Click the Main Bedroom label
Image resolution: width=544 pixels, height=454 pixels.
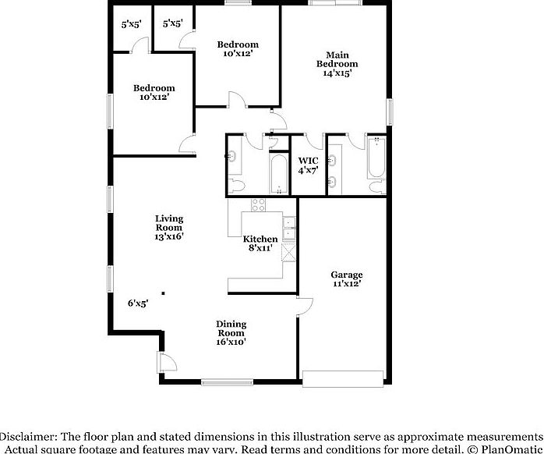pos(337,64)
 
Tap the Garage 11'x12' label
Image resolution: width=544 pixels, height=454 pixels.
pos(346,279)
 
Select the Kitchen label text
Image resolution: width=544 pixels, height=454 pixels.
pos(260,239)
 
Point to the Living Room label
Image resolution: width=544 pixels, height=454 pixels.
pos(168,227)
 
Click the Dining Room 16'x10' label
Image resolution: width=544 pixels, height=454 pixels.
pos(231,332)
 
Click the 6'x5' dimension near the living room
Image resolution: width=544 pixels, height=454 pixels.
pos(138,303)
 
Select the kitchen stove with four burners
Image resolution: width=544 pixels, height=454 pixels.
pos(257,204)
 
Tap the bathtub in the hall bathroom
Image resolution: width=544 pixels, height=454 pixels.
pos(278,173)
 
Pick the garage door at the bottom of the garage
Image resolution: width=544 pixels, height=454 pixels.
pos(344,378)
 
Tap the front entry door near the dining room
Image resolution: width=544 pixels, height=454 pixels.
pos(165,362)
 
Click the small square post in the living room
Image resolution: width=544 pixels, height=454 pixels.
pos(164,293)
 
